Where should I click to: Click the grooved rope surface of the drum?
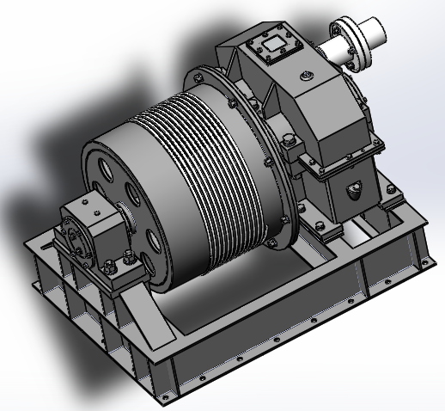(215, 172)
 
